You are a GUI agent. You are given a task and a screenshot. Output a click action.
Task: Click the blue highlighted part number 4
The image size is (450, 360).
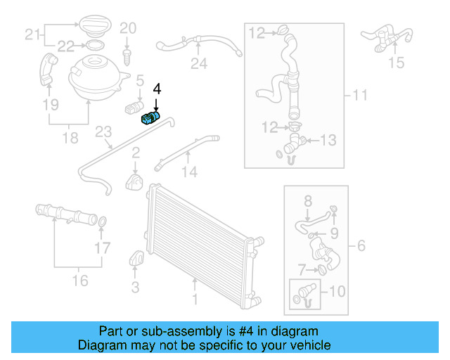(x=150, y=117)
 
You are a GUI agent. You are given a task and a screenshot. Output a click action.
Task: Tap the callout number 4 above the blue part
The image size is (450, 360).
(x=157, y=89)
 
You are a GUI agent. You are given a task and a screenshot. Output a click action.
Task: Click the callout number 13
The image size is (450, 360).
(x=329, y=141)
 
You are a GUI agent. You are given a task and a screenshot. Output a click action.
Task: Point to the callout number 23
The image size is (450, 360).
(x=103, y=132)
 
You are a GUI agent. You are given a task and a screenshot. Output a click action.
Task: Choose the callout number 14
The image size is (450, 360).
(x=189, y=172)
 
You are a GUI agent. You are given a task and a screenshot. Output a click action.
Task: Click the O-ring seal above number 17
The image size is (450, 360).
(x=102, y=223)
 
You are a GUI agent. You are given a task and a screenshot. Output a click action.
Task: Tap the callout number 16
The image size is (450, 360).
(x=80, y=281)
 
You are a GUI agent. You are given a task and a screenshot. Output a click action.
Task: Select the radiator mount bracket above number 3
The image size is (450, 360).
(x=135, y=259)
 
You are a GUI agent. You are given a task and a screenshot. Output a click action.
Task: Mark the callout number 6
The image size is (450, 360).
(x=361, y=245)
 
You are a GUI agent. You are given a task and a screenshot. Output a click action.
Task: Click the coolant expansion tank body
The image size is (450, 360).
(x=96, y=76)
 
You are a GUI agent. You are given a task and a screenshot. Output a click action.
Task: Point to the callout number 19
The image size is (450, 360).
(x=49, y=105)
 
